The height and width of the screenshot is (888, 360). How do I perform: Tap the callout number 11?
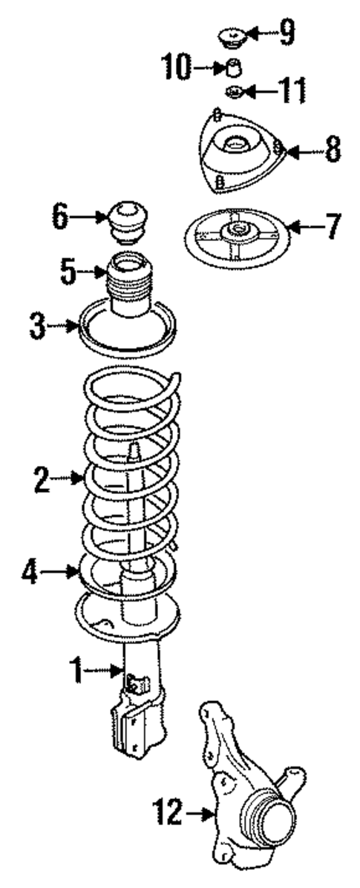click(291, 92)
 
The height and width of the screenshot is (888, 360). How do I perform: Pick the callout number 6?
click(61, 217)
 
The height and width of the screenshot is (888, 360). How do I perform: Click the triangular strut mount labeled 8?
click(238, 152)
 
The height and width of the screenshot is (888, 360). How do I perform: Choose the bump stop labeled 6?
click(129, 219)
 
